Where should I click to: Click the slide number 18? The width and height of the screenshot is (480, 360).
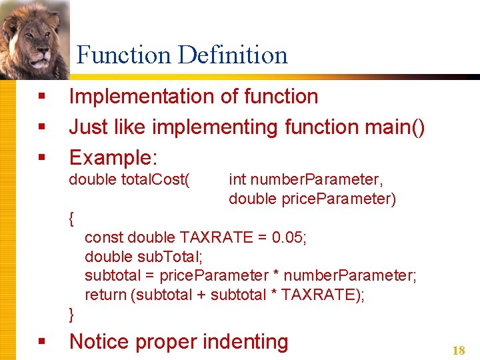pos(459,350)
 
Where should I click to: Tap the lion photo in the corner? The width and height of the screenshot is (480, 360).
pos(35,38)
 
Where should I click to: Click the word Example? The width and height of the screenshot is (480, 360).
pos(113,158)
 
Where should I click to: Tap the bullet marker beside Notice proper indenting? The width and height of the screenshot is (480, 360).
pos(41,341)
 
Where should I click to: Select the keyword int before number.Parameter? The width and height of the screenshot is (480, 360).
pos(237,179)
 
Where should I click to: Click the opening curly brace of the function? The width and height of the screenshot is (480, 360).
pos(72,218)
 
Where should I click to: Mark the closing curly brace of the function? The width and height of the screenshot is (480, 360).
pos(72,314)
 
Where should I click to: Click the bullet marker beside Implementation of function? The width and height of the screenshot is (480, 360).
pos(41,97)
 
